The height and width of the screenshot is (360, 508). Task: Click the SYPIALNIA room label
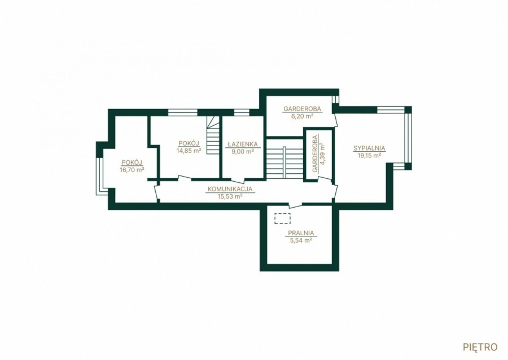click(x=369, y=148)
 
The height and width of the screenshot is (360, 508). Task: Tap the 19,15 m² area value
click(x=369, y=155)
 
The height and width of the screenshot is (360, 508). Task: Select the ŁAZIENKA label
click(x=242, y=144)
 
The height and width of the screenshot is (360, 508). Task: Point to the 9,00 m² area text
click(x=242, y=151)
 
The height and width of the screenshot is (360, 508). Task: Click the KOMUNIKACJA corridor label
click(x=230, y=189)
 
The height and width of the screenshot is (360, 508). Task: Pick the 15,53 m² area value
click(x=230, y=196)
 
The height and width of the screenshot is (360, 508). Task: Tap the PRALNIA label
click(x=301, y=233)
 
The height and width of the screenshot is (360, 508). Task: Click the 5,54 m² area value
click(x=301, y=240)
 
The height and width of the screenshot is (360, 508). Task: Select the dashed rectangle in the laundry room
click(x=283, y=218)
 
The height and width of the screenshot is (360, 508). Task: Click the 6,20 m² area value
click(x=303, y=116)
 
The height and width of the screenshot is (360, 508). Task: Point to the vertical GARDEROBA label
click(x=315, y=153)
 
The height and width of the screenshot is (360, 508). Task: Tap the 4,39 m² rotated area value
click(x=322, y=154)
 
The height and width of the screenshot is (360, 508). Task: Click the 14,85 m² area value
click(x=189, y=150)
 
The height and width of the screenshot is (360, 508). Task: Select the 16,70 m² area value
click(x=132, y=169)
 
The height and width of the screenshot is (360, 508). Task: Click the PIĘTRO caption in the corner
click(x=480, y=347)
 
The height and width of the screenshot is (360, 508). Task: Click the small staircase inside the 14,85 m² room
click(x=213, y=135)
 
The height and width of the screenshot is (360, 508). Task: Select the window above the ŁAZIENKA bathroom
click(x=242, y=113)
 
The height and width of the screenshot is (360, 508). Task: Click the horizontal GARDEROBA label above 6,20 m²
click(x=303, y=109)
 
